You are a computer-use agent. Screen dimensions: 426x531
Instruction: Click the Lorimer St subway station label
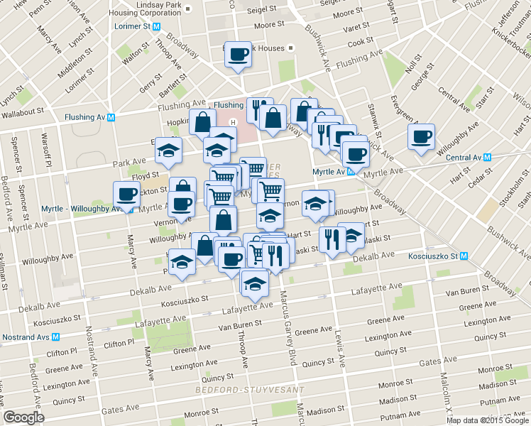click(133, 26)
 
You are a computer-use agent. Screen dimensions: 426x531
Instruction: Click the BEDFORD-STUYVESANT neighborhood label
click(249, 390)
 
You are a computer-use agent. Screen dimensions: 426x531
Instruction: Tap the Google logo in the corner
click(23, 417)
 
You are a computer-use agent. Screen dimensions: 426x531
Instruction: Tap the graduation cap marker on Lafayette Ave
click(254, 283)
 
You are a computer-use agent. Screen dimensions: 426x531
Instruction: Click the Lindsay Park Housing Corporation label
click(148, 9)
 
